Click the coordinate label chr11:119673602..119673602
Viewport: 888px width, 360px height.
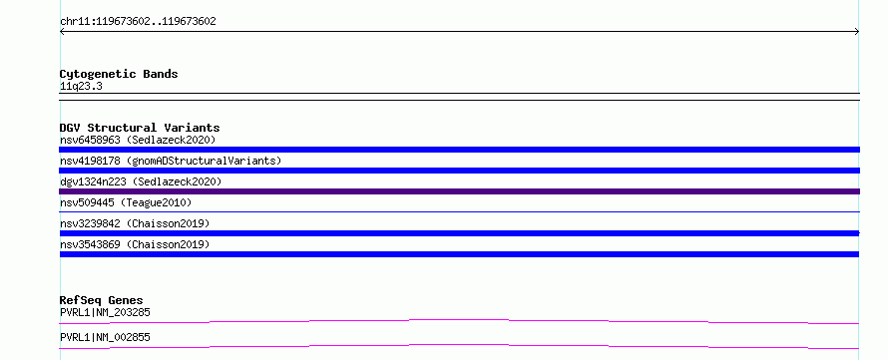138,22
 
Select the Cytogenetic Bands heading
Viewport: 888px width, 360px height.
119,74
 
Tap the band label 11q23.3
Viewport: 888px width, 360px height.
81,87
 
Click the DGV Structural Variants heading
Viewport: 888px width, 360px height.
140,128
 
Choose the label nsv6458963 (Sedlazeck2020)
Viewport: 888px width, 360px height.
138,140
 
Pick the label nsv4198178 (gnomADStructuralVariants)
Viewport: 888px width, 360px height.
171,161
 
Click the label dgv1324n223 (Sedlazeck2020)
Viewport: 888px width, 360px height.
141,181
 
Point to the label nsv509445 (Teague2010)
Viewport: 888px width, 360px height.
126,202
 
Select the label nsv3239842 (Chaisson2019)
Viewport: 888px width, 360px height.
135,223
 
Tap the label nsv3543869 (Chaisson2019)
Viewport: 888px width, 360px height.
135,244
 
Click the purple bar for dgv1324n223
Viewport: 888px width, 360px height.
459,191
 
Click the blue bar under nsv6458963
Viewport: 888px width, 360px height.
459,150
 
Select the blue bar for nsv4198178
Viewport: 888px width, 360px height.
459,171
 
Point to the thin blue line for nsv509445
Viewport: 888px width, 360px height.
459,211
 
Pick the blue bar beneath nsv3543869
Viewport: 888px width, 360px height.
459,254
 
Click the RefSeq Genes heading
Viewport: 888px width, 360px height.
102,300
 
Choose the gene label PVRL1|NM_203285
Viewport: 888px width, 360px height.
106,312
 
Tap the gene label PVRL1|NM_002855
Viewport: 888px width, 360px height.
106,337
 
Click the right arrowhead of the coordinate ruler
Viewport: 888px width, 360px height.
858,32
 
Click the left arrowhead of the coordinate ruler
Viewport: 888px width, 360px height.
61,32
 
